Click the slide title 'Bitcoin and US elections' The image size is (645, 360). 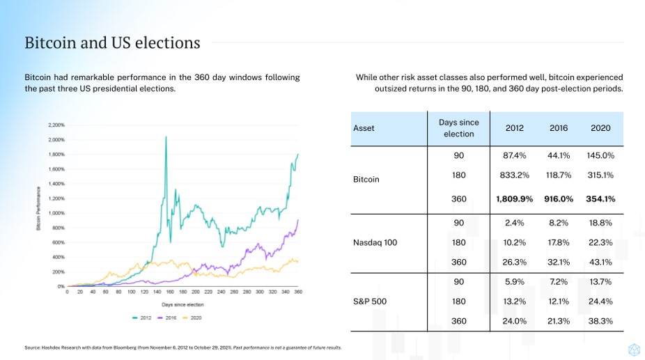click(x=112, y=43)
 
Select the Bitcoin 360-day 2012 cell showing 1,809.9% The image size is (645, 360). click(x=514, y=198)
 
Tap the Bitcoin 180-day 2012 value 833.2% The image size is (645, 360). click(x=514, y=175)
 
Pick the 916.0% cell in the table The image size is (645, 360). click(x=559, y=198)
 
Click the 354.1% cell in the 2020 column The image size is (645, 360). click(x=600, y=198)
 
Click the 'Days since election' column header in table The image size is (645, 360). click(x=458, y=128)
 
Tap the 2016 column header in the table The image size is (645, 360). click(x=559, y=128)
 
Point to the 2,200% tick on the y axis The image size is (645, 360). click(x=56, y=125)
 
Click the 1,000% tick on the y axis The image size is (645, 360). click(x=56, y=213)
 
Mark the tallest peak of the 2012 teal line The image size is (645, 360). click(x=166, y=137)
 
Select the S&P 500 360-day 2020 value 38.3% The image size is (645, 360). click(x=600, y=321)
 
